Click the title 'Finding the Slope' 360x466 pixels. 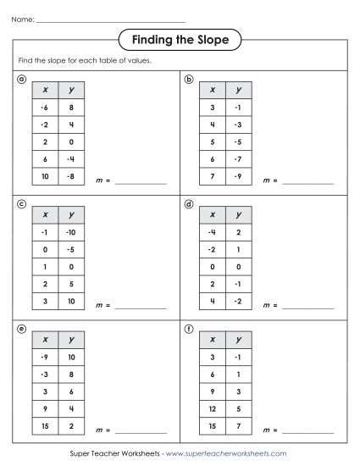click(x=180, y=39)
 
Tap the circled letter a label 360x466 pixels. click(x=21, y=78)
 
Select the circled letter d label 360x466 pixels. click(x=189, y=204)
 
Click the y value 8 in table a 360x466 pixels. click(x=72, y=108)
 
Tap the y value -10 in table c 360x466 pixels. click(x=72, y=231)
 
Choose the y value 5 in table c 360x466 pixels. click(x=72, y=283)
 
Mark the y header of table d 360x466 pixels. click(x=240, y=214)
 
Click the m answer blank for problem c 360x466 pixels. click(x=141, y=304)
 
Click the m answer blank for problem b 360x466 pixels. click(x=307, y=181)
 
